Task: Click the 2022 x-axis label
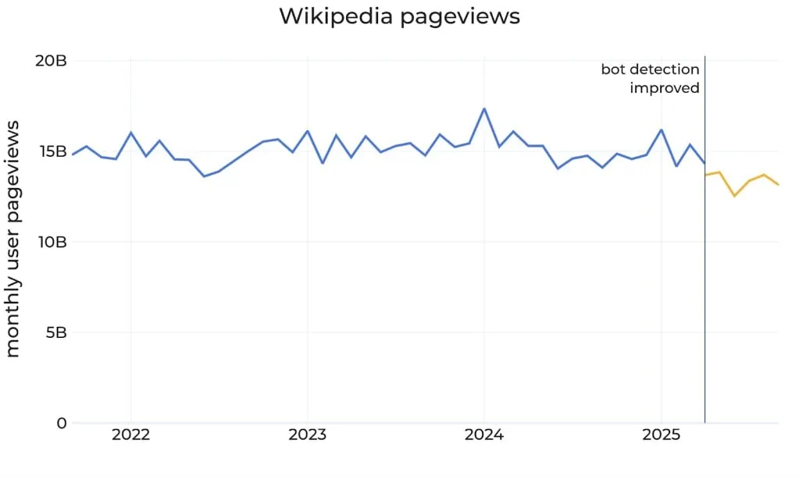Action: pos(130,435)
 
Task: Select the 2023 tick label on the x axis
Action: pos(307,435)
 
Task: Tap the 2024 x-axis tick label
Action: pos(484,435)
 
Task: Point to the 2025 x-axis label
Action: pos(661,435)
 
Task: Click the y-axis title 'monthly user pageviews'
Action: pos(13,242)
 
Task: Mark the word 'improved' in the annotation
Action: pos(665,88)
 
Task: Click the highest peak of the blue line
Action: pos(484,108)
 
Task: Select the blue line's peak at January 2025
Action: pos(662,130)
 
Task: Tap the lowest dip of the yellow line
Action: pos(734,196)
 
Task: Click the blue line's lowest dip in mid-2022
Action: pos(204,176)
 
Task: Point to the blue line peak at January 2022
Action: pos(130,133)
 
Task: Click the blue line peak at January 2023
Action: pos(307,131)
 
